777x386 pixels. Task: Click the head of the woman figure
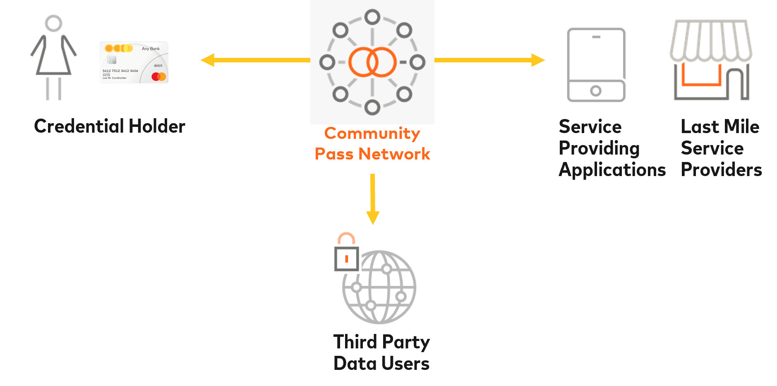pyautogui.click(x=54, y=23)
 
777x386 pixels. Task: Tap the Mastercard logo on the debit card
pyautogui.click(x=158, y=76)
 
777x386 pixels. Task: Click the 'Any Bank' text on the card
pyautogui.click(x=151, y=49)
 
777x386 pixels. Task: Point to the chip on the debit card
pyautogui.click(x=111, y=60)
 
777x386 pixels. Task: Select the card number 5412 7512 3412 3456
pyautogui.click(x=120, y=71)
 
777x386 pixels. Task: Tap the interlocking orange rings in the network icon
pyautogui.click(x=372, y=62)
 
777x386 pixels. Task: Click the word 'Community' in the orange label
pyautogui.click(x=372, y=133)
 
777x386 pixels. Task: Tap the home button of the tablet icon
pyautogui.click(x=596, y=91)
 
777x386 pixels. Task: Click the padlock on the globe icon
pyautogui.click(x=346, y=254)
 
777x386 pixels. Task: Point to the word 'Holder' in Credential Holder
pyautogui.click(x=157, y=126)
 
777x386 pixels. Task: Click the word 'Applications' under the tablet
pyautogui.click(x=612, y=170)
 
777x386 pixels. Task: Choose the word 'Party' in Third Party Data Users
pyautogui.click(x=406, y=343)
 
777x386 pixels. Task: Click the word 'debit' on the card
pyautogui.click(x=158, y=65)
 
